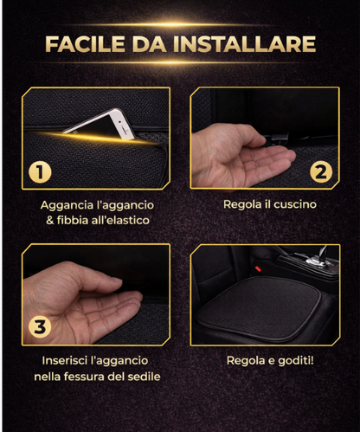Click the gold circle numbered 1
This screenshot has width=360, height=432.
click(x=38, y=171)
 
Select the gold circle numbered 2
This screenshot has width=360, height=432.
click(x=320, y=171)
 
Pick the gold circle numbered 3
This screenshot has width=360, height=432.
click(x=38, y=326)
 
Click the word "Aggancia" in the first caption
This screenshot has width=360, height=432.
click(x=67, y=205)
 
